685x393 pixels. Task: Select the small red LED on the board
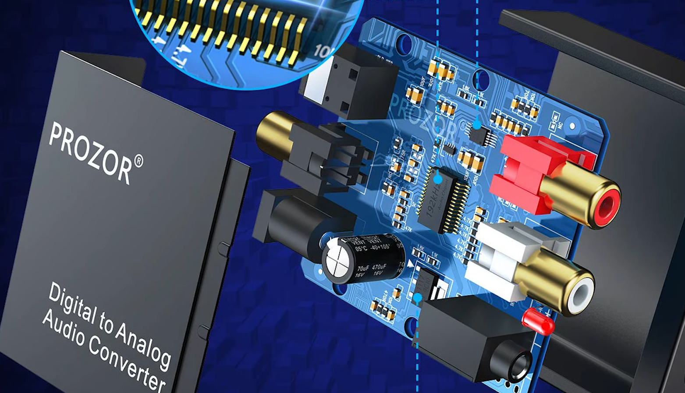point(538,320)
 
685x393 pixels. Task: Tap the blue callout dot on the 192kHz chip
point(437,179)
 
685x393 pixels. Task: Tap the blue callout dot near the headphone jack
point(418,298)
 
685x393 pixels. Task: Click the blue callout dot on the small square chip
point(477,126)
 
